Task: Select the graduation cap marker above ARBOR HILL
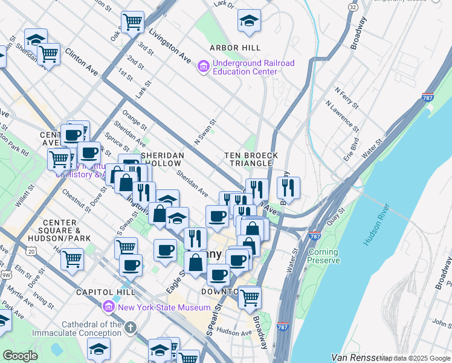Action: (x=249, y=22)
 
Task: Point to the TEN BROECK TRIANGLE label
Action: (x=251, y=160)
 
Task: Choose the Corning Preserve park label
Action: (x=323, y=257)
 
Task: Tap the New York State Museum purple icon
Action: (x=109, y=307)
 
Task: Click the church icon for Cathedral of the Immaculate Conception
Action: (x=130, y=328)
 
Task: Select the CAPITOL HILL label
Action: (x=100, y=292)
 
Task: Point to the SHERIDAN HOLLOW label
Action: (x=161, y=159)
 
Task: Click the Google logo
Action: (x=20, y=356)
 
